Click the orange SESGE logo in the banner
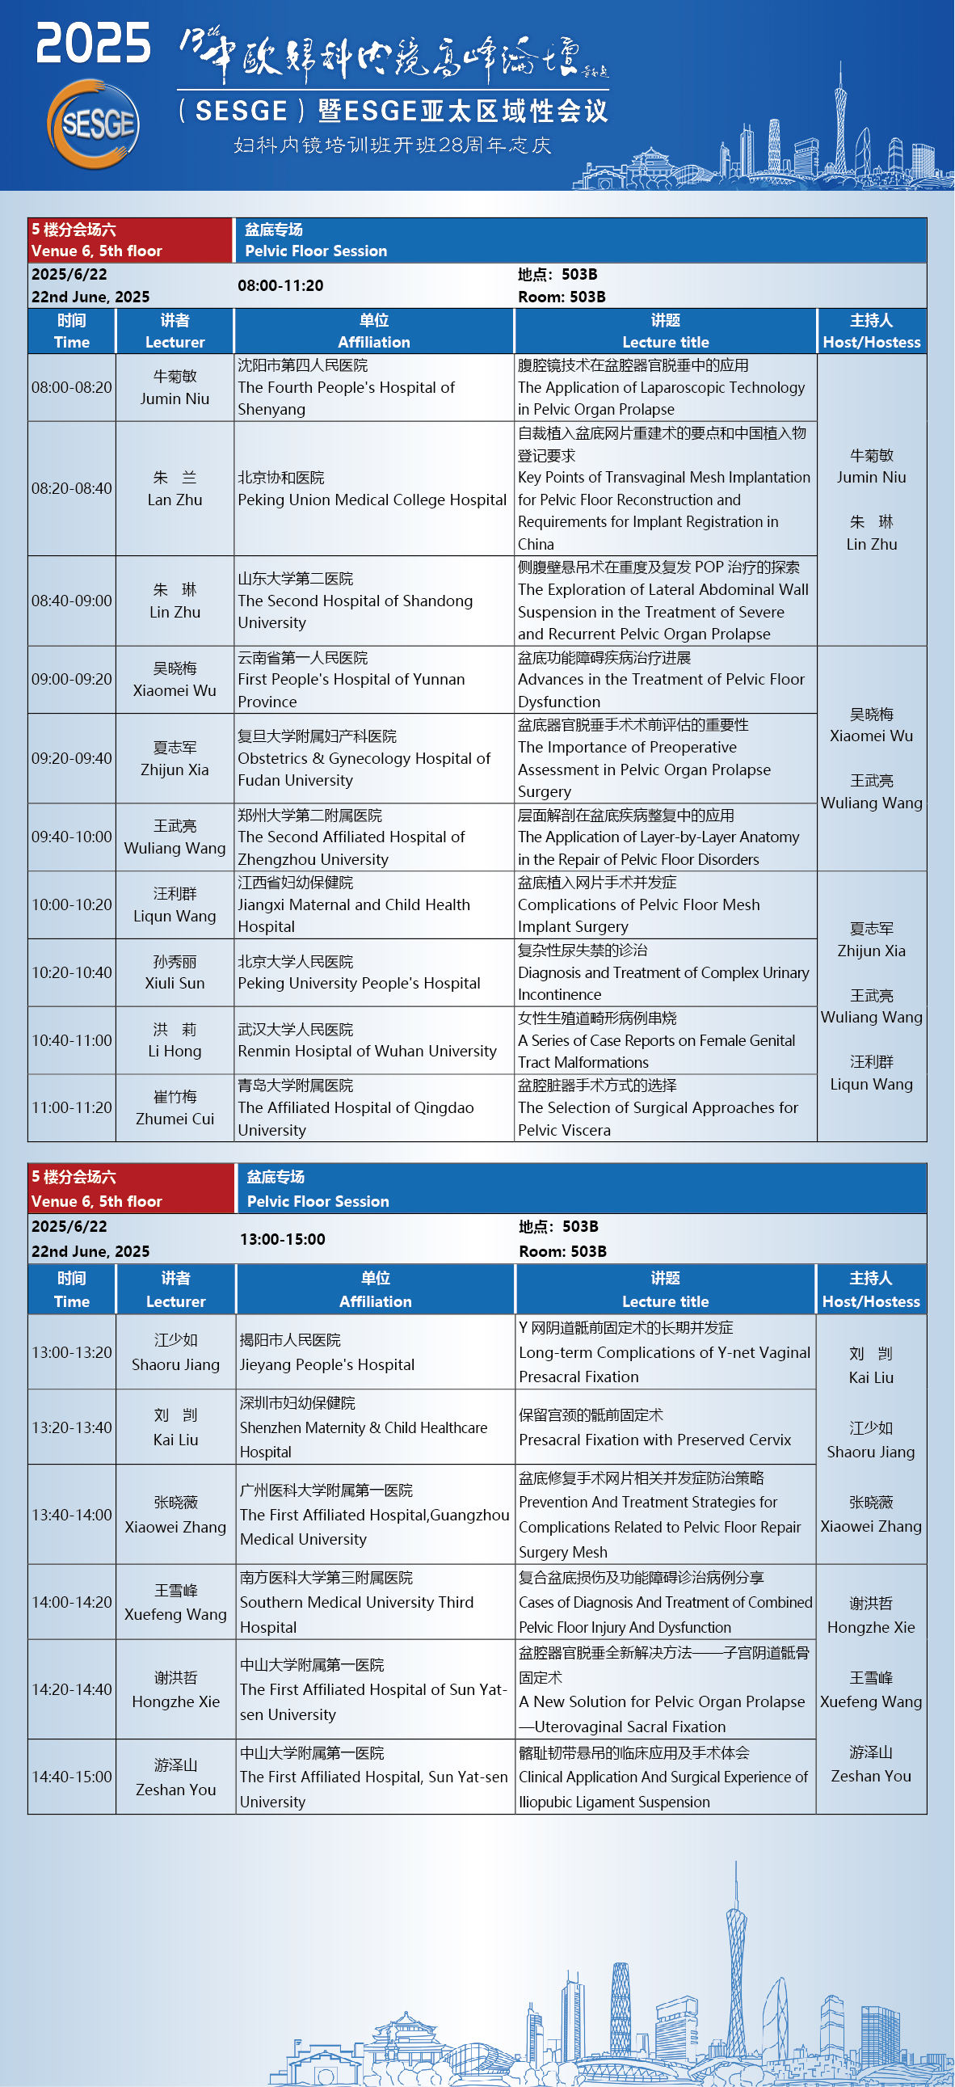click(93, 124)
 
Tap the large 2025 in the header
click(93, 43)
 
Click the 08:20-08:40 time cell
click(71, 488)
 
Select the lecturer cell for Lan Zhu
click(175, 488)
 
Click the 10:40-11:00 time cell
click(71, 1040)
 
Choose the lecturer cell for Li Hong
click(175, 1040)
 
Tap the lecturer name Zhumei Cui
click(175, 1119)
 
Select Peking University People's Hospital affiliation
click(359, 983)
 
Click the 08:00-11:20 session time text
click(280, 285)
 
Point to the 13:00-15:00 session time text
click(283, 1239)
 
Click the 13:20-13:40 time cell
click(71, 1427)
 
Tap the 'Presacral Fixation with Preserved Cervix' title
click(654, 1440)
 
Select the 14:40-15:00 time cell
click(71, 1777)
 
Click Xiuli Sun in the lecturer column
click(175, 983)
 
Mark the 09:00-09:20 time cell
click(71, 679)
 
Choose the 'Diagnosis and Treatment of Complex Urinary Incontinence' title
click(663, 972)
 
